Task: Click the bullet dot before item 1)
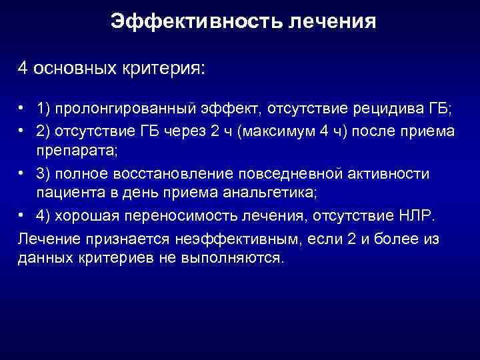click(x=22, y=108)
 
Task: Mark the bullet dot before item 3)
click(x=22, y=173)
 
